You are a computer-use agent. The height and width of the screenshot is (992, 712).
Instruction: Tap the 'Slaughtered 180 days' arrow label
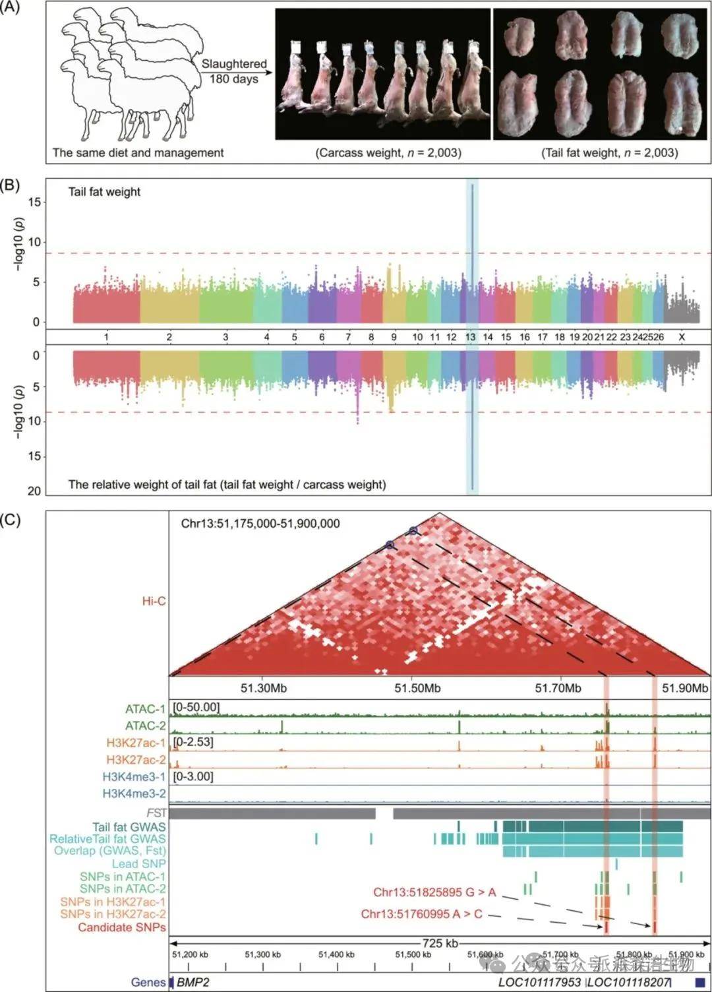(234, 71)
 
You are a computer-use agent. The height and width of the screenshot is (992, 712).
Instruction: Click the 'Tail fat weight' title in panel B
(104, 192)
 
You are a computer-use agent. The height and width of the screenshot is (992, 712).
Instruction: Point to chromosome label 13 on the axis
(470, 337)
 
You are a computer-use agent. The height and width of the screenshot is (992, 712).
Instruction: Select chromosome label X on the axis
(682, 337)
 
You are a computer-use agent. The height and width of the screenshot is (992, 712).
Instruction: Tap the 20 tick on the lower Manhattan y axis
(35, 491)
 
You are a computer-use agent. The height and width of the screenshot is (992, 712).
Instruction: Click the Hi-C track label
(154, 601)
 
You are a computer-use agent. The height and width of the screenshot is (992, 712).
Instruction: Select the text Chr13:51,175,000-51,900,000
(260, 524)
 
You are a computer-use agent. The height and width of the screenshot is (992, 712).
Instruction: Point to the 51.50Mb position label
(417, 688)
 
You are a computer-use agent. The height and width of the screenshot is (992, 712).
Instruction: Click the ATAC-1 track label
(145, 710)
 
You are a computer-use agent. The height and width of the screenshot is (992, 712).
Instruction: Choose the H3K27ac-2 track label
(136, 760)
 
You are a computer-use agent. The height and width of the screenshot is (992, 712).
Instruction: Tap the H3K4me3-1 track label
(134, 777)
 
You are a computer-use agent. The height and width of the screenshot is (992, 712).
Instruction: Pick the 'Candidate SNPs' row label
(122, 927)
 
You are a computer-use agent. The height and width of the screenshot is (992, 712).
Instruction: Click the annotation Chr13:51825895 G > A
(434, 893)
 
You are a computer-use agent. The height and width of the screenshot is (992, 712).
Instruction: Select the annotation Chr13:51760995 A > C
(421, 914)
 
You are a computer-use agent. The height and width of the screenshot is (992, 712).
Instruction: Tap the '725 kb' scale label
(440, 943)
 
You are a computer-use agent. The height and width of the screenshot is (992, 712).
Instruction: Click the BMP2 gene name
(193, 982)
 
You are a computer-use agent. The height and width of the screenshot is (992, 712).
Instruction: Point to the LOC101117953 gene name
(540, 982)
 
